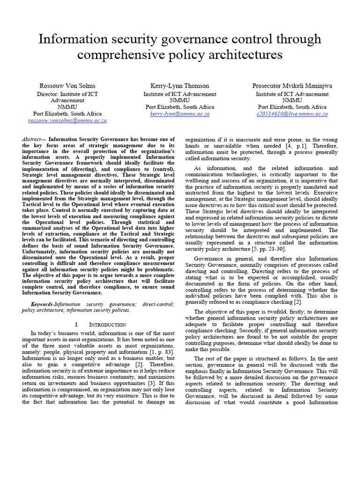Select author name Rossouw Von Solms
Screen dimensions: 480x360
click(67, 86)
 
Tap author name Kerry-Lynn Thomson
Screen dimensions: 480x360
click(180, 86)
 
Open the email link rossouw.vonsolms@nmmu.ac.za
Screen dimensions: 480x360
click(67, 120)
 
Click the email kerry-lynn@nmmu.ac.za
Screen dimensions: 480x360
click(180, 114)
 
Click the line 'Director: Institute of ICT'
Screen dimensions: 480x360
click(67, 94)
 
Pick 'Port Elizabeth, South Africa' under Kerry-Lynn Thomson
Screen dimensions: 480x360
click(180, 107)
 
